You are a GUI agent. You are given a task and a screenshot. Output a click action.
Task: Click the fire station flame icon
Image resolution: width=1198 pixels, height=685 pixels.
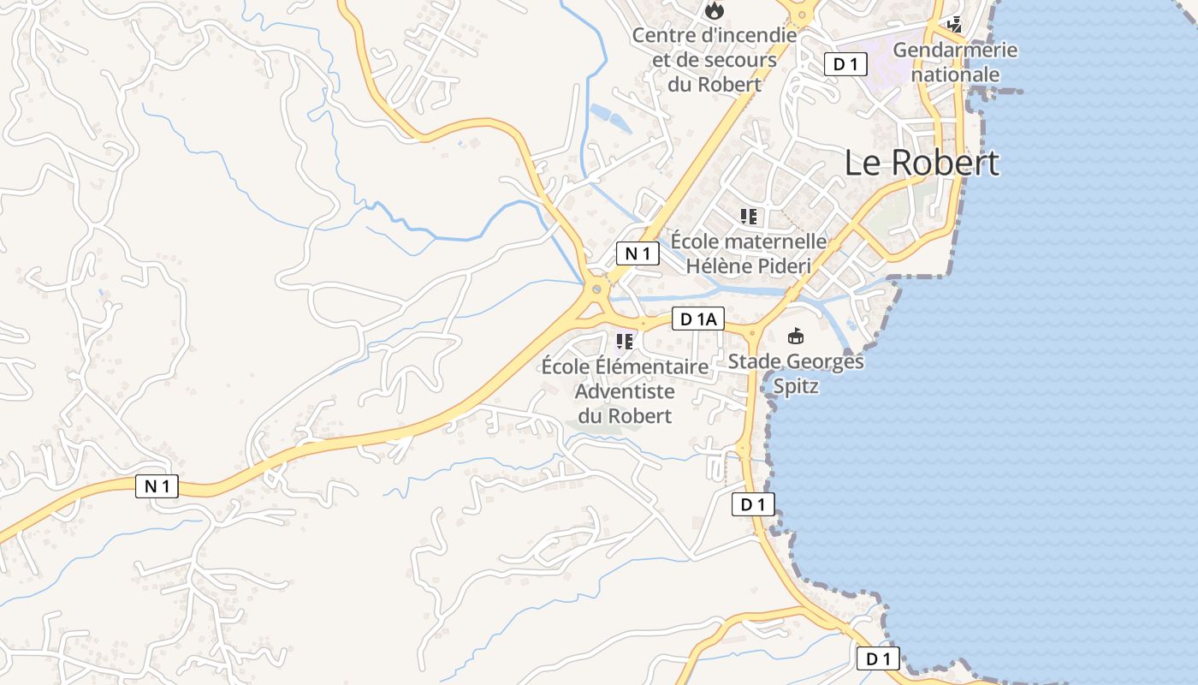coord(715,11)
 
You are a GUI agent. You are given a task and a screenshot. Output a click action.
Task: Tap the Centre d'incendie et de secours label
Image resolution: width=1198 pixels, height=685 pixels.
coord(715,60)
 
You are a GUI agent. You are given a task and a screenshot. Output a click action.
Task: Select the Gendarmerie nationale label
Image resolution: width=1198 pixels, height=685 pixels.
coord(955,62)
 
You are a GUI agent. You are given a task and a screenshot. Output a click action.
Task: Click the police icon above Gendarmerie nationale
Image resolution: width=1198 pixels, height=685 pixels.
coord(954,25)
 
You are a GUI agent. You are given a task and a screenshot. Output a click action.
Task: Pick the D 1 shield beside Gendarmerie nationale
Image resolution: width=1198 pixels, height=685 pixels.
coord(846,63)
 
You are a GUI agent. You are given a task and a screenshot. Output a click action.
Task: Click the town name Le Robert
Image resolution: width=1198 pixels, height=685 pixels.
coord(922,163)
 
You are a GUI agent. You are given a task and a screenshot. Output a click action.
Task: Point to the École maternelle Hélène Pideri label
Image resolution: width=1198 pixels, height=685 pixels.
coord(748,253)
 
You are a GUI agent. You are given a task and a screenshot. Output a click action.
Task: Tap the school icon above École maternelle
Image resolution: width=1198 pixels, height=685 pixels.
coord(749,217)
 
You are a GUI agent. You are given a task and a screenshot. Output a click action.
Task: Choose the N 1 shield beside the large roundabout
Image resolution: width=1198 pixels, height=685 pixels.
coord(638,253)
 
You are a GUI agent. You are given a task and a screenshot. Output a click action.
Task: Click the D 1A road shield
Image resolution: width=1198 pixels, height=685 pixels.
coord(698,319)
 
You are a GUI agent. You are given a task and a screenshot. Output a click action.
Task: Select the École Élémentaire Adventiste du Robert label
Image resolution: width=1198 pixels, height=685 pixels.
coord(626,391)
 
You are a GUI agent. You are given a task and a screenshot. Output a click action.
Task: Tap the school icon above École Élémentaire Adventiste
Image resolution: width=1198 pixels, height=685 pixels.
coord(625,342)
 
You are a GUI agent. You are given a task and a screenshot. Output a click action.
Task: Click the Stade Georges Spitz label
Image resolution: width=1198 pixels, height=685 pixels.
coord(796,374)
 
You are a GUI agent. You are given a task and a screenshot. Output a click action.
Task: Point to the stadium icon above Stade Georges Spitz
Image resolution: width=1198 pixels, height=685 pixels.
coord(796,337)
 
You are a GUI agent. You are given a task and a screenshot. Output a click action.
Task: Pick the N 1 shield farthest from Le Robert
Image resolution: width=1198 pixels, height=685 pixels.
coord(157,486)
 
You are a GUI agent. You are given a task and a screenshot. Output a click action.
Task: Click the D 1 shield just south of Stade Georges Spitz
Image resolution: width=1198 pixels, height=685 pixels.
coord(753,504)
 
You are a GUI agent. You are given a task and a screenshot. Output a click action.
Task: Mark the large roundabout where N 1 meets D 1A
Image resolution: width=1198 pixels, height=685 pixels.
coord(596,289)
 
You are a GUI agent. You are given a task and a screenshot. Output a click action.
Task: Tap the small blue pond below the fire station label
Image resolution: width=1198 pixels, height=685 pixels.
coord(610,117)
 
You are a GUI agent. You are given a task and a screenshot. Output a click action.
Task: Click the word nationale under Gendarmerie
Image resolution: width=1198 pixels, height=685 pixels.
coord(955,74)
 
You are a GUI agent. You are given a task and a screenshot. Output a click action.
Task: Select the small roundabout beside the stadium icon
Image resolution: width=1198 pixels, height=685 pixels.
coord(753,332)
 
